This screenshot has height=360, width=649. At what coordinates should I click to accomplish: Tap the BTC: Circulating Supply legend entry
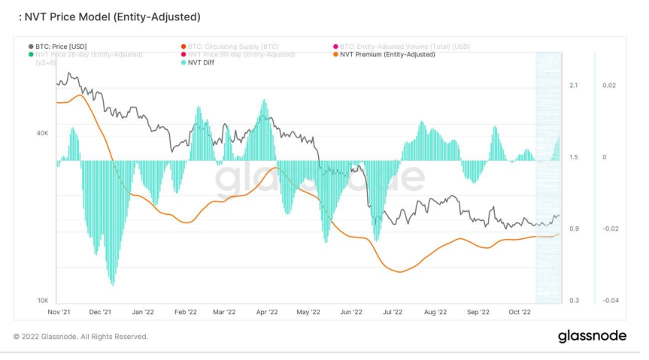point(225,47)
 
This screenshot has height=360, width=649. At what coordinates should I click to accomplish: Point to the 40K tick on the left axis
point(43,133)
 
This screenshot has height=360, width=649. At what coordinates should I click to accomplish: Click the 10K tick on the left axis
point(43,300)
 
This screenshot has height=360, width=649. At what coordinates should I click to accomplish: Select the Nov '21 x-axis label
point(59,311)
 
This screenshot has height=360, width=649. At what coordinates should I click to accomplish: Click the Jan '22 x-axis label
point(143,311)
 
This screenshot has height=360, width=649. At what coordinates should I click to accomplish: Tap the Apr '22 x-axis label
point(267,311)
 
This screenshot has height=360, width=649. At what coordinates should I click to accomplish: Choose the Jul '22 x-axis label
point(393,311)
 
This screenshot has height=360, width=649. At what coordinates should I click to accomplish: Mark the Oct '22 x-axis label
point(520,311)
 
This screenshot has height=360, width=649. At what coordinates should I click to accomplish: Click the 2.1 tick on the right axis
point(574,86)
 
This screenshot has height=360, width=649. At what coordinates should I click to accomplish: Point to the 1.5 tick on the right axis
point(574,157)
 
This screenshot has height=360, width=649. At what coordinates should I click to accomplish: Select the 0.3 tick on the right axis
point(574,301)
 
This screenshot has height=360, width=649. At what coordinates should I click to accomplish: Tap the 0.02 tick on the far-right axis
point(609,86)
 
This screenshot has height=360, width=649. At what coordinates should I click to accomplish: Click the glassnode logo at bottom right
point(592,336)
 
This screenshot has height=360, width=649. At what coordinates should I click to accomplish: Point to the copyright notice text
point(80,337)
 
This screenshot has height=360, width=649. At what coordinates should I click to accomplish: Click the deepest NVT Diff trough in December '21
point(113,284)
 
